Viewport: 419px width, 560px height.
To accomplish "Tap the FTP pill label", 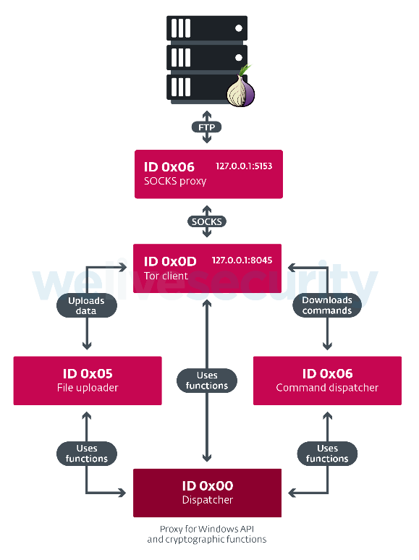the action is (207, 127).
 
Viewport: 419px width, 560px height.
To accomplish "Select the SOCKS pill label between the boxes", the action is (207, 221).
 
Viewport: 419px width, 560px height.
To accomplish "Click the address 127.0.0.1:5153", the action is (244, 166).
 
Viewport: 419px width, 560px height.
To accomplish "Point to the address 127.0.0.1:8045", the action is (242, 260).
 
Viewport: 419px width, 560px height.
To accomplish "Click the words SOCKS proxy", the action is (175, 182).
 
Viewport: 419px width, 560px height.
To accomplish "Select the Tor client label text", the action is (166, 276).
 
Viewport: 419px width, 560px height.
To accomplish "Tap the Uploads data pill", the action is (87, 306).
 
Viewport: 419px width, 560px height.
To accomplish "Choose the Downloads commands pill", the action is (327, 305).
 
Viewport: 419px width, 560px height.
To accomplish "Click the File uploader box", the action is (88, 381).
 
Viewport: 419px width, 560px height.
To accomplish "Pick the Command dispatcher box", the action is (327, 381).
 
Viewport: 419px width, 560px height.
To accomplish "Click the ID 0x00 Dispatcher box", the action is (207, 493).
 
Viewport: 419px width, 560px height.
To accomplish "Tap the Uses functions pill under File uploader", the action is (87, 454).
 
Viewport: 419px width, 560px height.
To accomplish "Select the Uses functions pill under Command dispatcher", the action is (327, 454).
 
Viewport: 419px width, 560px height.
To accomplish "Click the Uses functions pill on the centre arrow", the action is (207, 381).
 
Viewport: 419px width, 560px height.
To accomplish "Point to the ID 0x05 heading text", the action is (88, 373).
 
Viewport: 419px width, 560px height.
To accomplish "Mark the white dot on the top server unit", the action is (239, 28).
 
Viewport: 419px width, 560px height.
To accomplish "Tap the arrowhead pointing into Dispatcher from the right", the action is (292, 493).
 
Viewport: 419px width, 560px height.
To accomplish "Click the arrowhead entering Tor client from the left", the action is (122, 267).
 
